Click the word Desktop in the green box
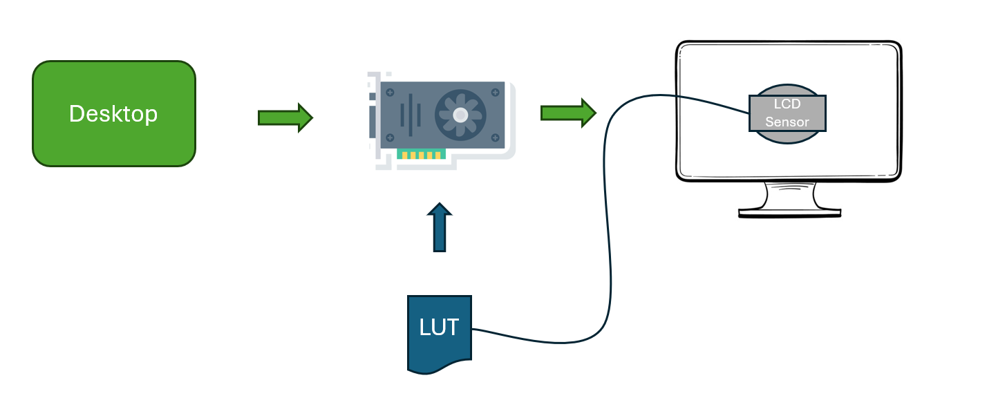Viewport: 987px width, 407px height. [x=113, y=114]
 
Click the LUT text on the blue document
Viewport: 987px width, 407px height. [x=439, y=327]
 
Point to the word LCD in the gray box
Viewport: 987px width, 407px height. [x=787, y=105]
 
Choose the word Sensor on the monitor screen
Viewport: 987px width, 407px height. [x=787, y=122]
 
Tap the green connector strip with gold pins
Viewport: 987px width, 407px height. [x=422, y=155]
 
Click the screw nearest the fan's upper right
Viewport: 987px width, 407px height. [x=496, y=91]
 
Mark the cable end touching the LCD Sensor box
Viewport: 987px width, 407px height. [x=749, y=113]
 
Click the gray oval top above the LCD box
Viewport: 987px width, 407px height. [x=787, y=90]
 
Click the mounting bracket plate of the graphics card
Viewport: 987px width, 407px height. [x=373, y=117]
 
